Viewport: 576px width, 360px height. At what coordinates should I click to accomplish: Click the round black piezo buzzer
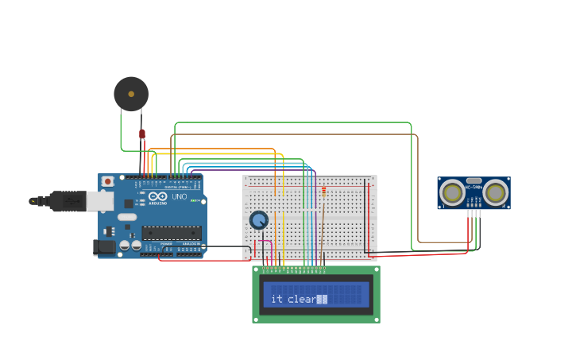tap(131, 94)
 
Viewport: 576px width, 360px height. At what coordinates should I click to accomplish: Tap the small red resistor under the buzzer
tap(142, 134)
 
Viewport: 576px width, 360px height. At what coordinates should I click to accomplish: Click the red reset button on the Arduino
tap(108, 181)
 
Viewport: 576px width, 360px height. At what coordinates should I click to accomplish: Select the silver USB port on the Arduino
tap(99, 201)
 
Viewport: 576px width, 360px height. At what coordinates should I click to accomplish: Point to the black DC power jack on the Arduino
tap(104, 247)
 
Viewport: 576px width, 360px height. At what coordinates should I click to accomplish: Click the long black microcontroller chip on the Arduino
tap(171, 233)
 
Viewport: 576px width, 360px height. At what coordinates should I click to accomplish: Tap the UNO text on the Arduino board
tap(179, 196)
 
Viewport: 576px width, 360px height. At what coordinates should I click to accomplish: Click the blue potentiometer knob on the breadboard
tap(258, 220)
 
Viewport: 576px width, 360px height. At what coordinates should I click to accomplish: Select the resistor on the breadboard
tap(323, 192)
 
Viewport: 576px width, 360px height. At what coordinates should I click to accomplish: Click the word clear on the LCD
tap(301, 299)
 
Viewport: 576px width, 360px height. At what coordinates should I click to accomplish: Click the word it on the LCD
tap(276, 299)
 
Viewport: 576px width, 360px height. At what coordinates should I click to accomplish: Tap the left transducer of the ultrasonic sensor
tap(453, 192)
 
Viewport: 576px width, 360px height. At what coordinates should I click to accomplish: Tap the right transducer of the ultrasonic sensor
tap(495, 192)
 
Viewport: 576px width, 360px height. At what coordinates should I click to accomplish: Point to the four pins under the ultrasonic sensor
tap(474, 212)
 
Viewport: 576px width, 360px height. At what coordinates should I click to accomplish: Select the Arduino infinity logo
tap(158, 196)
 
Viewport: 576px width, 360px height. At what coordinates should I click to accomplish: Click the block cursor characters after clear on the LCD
tap(322, 299)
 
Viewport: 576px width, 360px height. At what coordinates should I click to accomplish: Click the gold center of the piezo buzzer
tap(131, 94)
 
